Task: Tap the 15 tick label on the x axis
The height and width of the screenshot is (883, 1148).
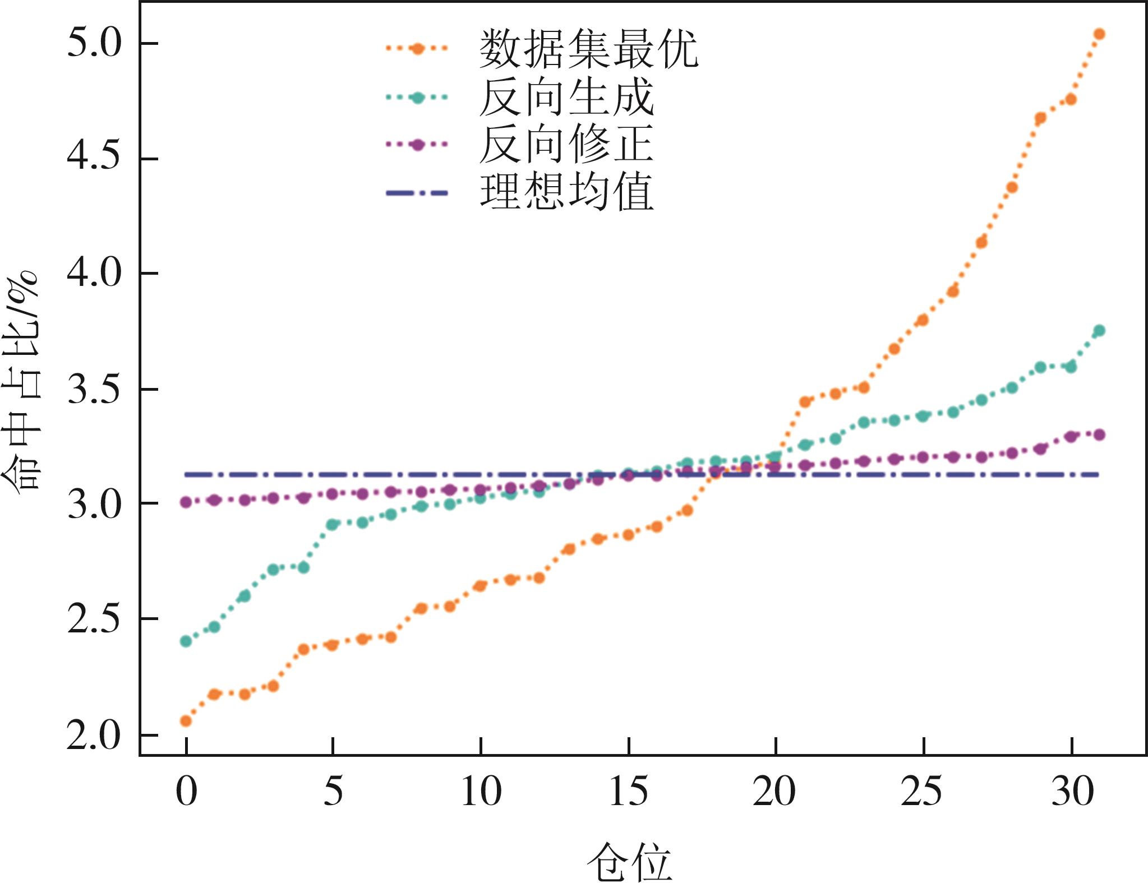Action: coord(629,792)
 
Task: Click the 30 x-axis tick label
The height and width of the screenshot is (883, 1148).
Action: coord(1072,792)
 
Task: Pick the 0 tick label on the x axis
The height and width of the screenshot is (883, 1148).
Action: coord(186,792)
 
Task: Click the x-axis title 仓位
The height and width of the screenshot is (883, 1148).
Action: coord(629,861)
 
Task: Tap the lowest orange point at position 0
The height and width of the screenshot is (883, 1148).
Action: coord(186,721)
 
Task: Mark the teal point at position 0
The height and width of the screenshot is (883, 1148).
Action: coord(186,641)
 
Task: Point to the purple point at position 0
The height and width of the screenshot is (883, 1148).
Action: coord(186,502)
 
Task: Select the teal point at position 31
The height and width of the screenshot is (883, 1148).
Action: coord(1099,331)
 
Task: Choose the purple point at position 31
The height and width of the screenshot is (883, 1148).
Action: coord(1099,434)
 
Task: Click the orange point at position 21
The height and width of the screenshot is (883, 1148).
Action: coord(805,402)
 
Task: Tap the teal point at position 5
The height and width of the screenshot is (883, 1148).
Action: coord(333,525)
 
